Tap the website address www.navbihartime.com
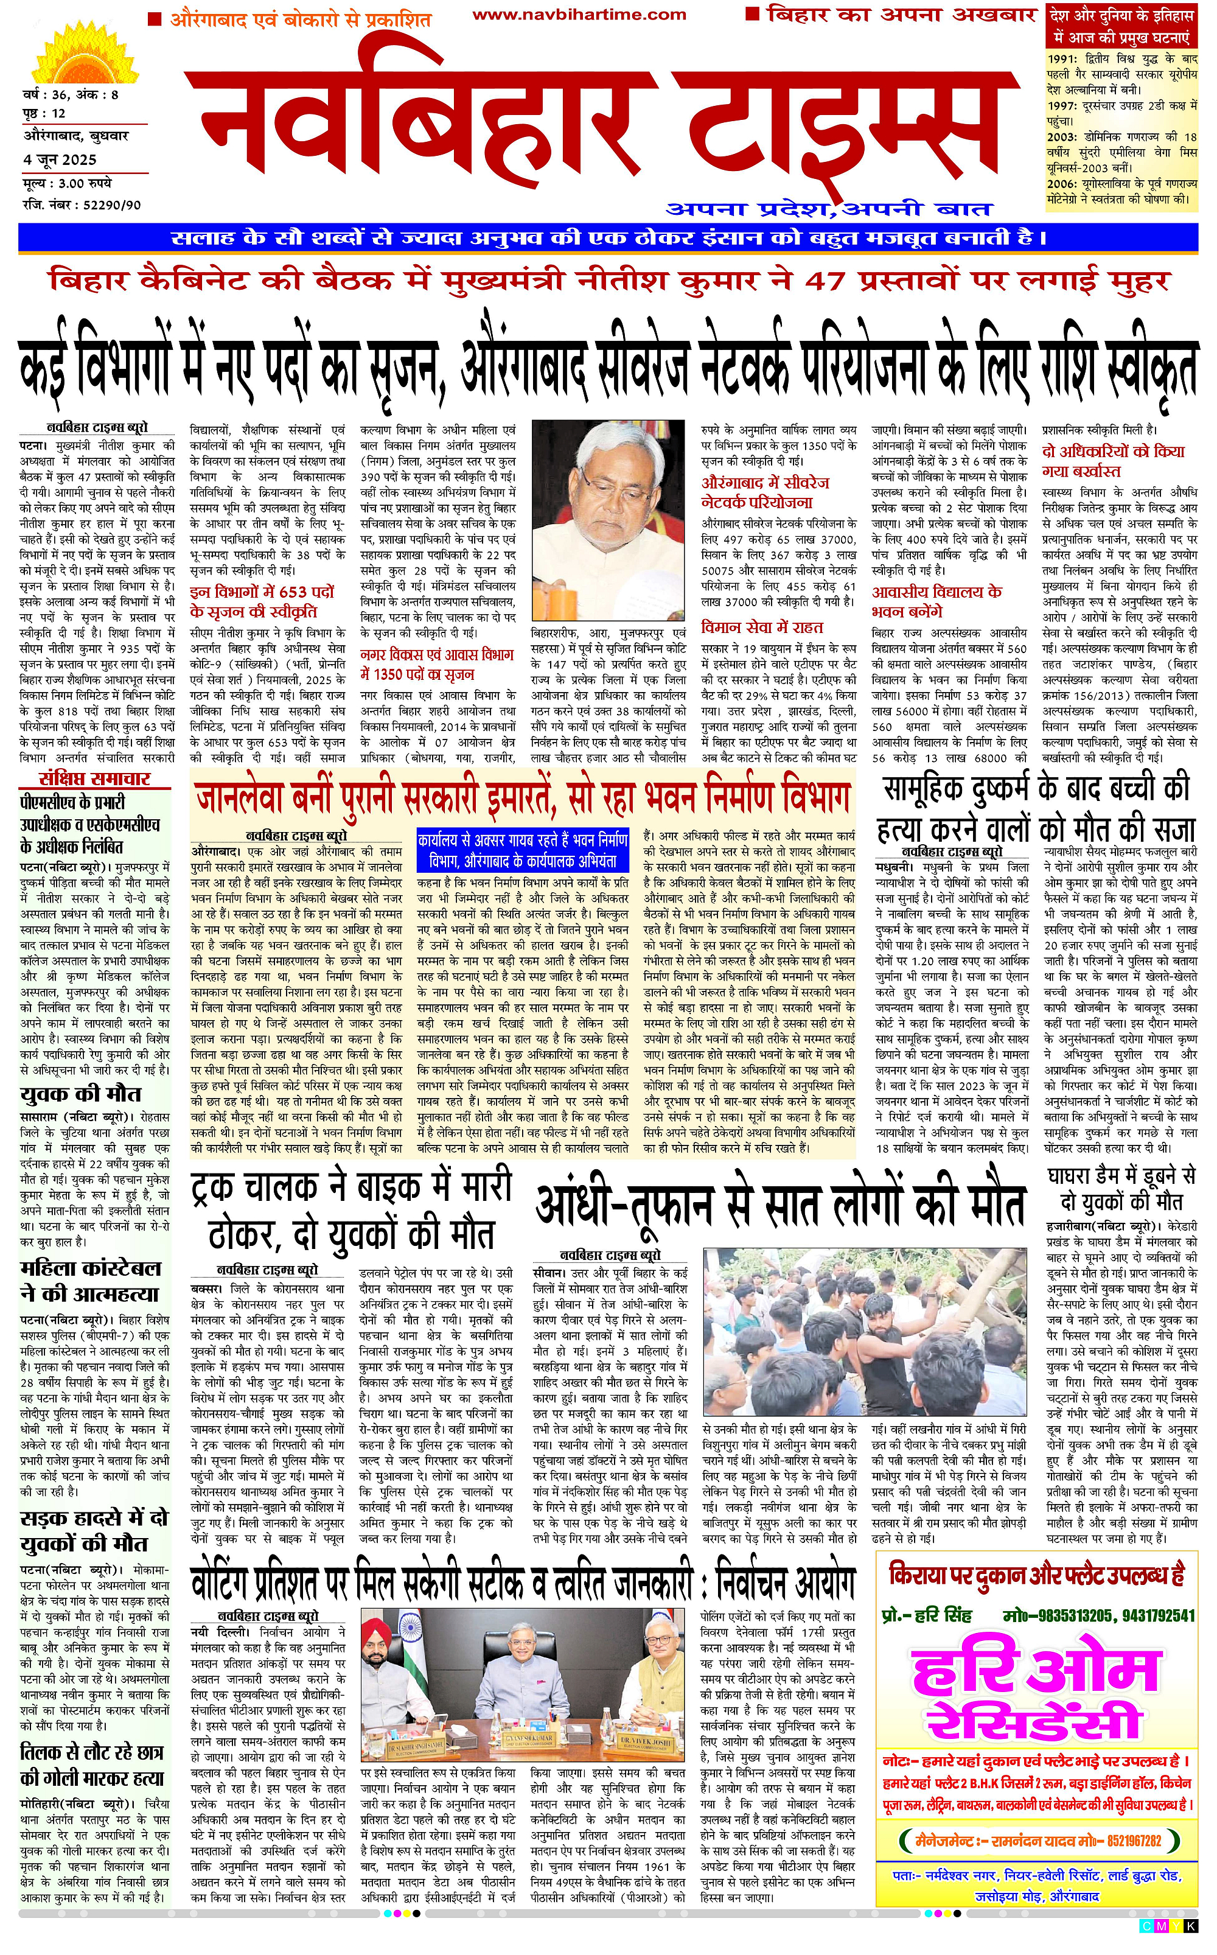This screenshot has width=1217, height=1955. [579, 15]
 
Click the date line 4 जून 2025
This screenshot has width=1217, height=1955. [60, 159]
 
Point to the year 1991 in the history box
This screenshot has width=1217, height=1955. [1063, 59]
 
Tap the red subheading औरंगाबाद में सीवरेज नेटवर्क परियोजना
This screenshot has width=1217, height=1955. [765, 492]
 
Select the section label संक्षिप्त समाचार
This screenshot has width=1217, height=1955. [95, 778]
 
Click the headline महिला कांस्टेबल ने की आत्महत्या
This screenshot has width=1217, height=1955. [90, 1281]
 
